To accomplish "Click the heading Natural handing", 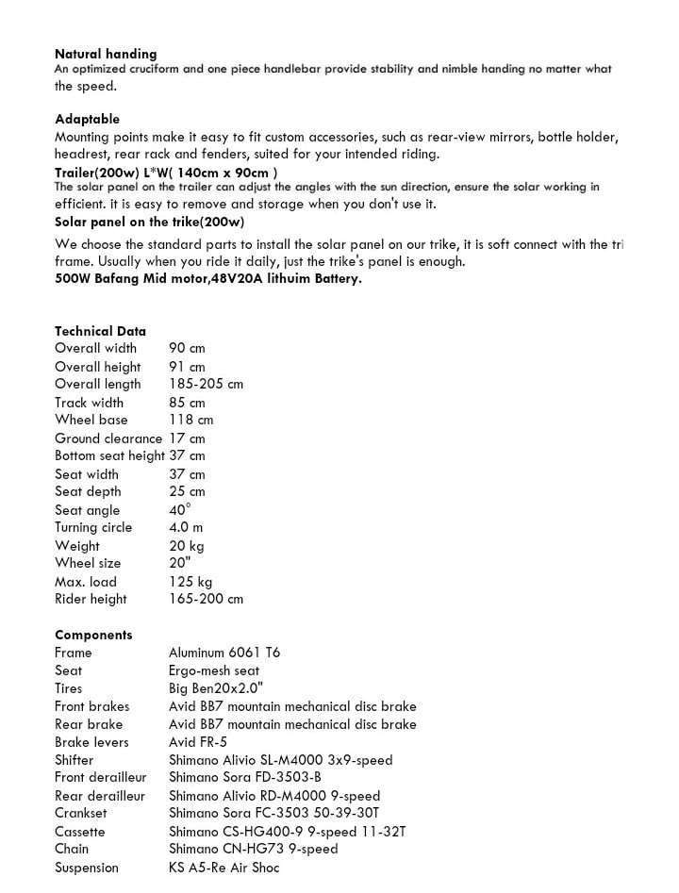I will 106,54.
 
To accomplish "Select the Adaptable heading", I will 87,119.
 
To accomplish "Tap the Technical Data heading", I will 100,331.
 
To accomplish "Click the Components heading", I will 93,635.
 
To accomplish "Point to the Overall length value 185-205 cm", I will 206,384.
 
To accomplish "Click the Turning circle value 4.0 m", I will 186,527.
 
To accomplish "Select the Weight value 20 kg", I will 186,545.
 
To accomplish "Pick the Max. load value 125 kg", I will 190,581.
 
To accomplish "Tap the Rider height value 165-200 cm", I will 206,599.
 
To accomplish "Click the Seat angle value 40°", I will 179,509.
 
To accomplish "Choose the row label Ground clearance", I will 108,438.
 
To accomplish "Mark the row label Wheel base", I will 91,420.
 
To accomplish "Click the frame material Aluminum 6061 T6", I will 224,653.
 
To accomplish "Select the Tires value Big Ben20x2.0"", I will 216,688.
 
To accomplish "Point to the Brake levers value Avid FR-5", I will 198,742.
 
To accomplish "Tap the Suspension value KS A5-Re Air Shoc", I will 224,868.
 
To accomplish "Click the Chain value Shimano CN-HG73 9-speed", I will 253,849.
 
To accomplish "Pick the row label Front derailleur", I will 100,778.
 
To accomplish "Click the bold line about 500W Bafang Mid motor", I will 207,279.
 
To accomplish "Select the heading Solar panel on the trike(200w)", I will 149,222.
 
